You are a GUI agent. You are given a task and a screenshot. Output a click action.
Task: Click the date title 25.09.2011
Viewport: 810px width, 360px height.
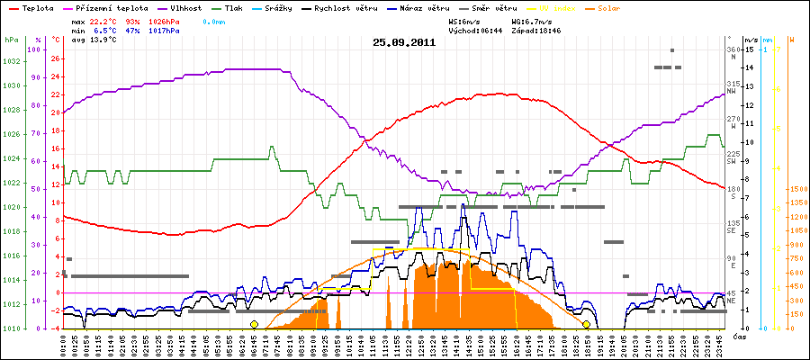tap(404, 41)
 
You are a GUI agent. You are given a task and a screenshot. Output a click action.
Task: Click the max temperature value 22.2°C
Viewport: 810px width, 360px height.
tap(105, 20)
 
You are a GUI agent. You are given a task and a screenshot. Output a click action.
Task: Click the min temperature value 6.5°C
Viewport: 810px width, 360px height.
tap(105, 30)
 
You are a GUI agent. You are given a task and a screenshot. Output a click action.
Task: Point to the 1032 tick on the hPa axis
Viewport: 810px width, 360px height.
tap(12, 61)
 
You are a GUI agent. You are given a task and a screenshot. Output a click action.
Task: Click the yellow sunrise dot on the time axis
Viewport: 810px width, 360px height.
tap(254, 324)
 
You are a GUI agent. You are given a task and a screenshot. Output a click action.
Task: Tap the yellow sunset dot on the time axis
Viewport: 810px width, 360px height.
tap(586, 324)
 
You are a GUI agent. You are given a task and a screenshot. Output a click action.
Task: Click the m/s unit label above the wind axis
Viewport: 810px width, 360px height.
tap(751, 40)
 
